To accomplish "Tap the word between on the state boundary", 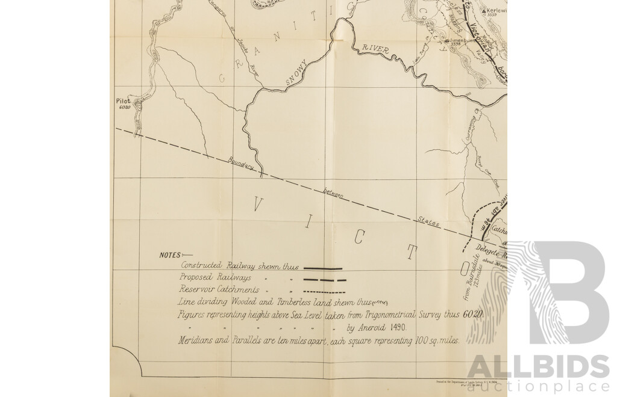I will pyautogui.click(x=333, y=192).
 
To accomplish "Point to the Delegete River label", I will pyautogui.click(x=491, y=249).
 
